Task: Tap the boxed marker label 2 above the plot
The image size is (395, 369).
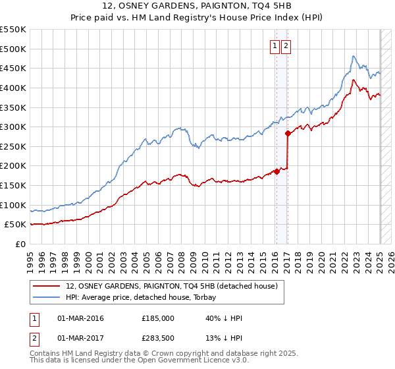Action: (287, 46)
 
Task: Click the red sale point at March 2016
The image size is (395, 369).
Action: (276, 171)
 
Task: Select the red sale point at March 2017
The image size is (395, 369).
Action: (288, 133)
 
